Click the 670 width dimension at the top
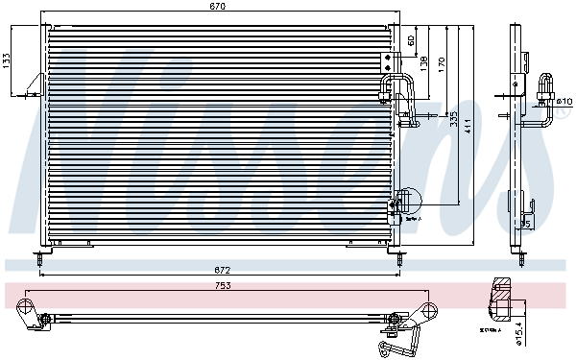point(218,7)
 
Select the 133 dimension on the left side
point(7,59)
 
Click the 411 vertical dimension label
point(468,125)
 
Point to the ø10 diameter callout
point(564,100)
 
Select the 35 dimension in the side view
point(524,224)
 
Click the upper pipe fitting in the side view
point(548,84)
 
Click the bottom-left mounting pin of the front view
point(37,257)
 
